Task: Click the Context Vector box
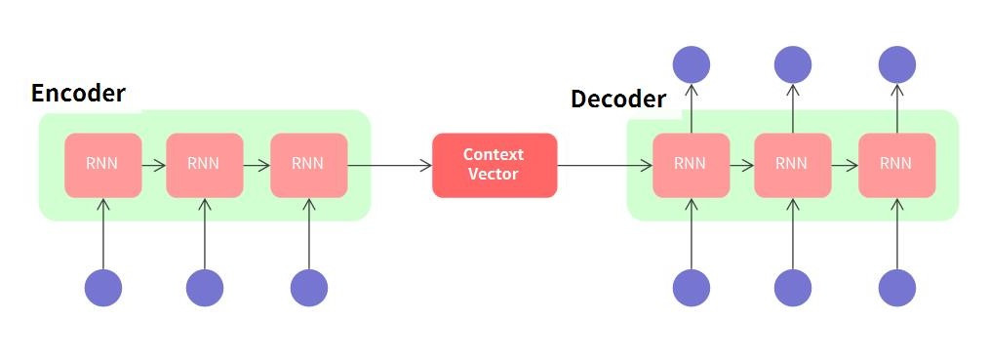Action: click(x=494, y=165)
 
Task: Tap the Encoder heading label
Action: click(x=78, y=94)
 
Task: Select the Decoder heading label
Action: click(x=618, y=100)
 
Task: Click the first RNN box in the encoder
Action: click(x=102, y=164)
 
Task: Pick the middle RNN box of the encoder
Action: click(x=204, y=164)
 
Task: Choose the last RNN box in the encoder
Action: click(x=308, y=164)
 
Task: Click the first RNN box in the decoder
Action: click(x=692, y=164)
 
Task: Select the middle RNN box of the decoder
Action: click(x=792, y=164)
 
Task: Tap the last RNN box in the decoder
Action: click(x=896, y=164)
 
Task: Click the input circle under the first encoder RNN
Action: click(x=102, y=288)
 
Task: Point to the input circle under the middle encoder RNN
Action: click(x=205, y=288)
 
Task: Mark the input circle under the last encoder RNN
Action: click(x=309, y=288)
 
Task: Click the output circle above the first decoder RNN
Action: click(x=692, y=64)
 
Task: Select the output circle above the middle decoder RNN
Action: click(x=793, y=64)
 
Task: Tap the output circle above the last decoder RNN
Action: click(x=897, y=64)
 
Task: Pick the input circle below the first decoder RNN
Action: click(x=692, y=288)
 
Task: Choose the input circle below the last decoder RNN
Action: click(x=897, y=288)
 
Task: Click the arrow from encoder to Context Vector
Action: click(x=390, y=165)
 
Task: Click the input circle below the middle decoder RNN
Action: click(x=793, y=288)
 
